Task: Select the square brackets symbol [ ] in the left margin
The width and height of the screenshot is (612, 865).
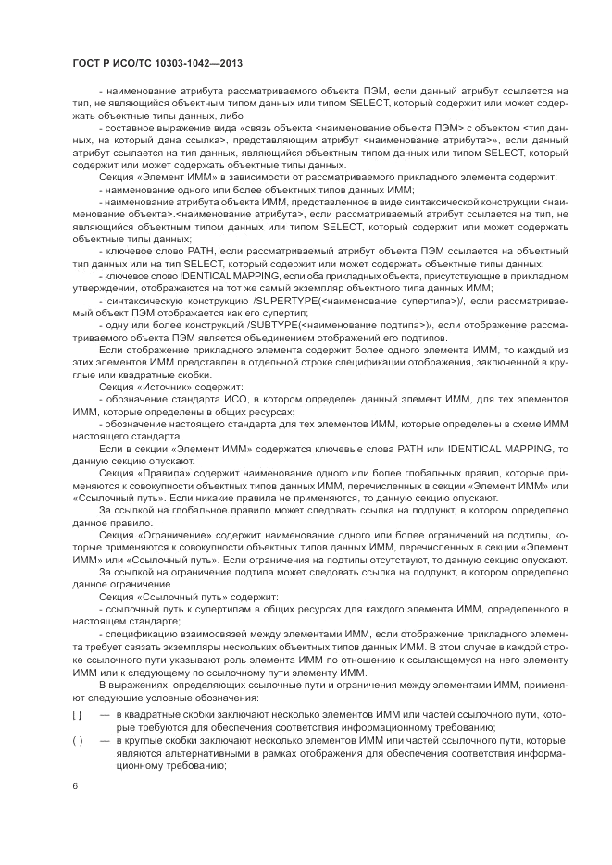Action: coord(78,715)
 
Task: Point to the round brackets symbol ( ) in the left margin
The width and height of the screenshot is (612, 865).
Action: coord(78,742)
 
